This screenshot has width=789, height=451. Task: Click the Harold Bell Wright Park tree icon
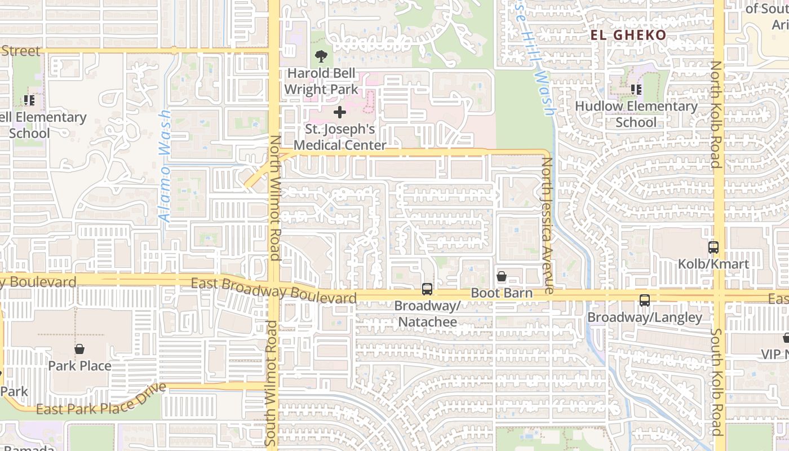pyautogui.click(x=321, y=56)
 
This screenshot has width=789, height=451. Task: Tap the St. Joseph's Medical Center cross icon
pyautogui.click(x=340, y=113)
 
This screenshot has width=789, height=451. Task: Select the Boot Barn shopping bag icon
pyautogui.click(x=502, y=276)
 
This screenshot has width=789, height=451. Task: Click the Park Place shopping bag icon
pyautogui.click(x=79, y=349)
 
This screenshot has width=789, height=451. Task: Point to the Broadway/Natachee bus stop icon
pyautogui.click(x=427, y=289)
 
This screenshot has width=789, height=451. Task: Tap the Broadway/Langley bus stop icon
pyautogui.click(x=645, y=300)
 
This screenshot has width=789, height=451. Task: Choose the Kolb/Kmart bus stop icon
pyautogui.click(x=713, y=247)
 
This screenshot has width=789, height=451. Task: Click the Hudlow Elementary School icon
pyautogui.click(x=636, y=89)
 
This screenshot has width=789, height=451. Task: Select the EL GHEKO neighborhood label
pyautogui.click(x=628, y=35)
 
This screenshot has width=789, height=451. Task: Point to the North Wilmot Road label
pyautogui.click(x=274, y=197)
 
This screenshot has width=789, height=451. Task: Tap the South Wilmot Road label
pyautogui.click(x=272, y=382)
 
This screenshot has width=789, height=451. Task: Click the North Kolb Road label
pyautogui.click(x=715, y=114)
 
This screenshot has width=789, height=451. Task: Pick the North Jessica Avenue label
pyautogui.click(x=547, y=225)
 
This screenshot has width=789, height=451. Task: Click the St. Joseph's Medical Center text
pyautogui.click(x=340, y=137)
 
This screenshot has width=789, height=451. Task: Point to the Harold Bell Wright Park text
pyautogui.click(x=321, y=81)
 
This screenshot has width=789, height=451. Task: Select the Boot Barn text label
pyautogui.click(x=502, y=293)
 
